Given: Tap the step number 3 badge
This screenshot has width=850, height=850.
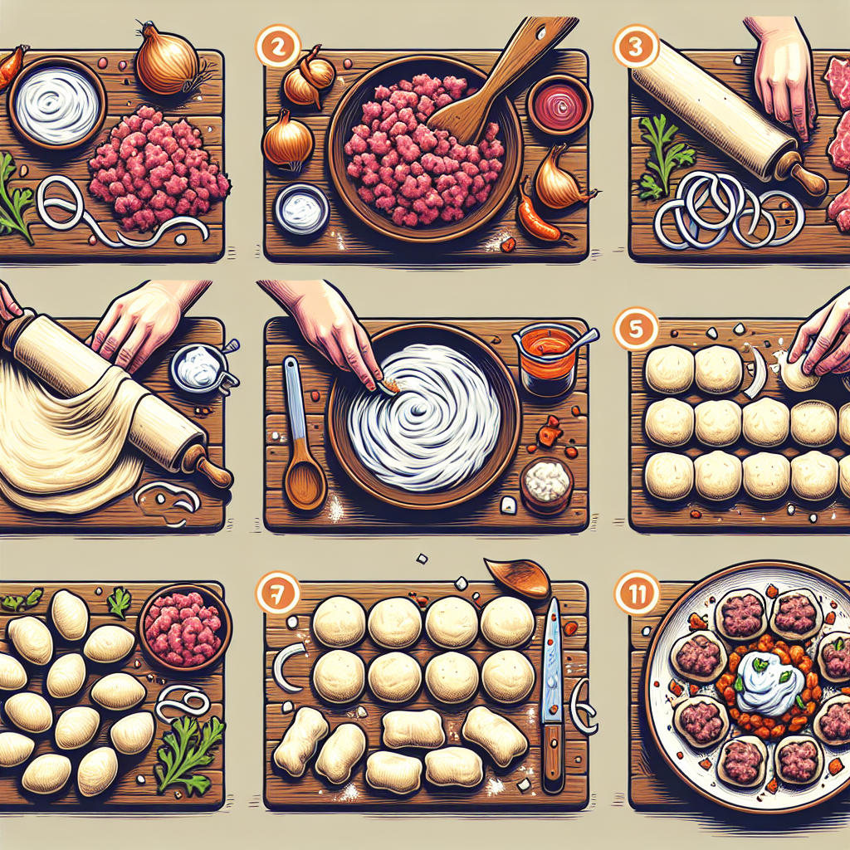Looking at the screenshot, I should [633, 46].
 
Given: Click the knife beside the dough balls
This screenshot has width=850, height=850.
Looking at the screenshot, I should [552, 697].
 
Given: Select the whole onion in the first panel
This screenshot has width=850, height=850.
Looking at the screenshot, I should [166, 60].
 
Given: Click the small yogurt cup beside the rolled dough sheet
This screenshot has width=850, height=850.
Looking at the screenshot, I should [199, 366].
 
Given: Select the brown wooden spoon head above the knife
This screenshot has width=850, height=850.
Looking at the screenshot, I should [516, 576].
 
